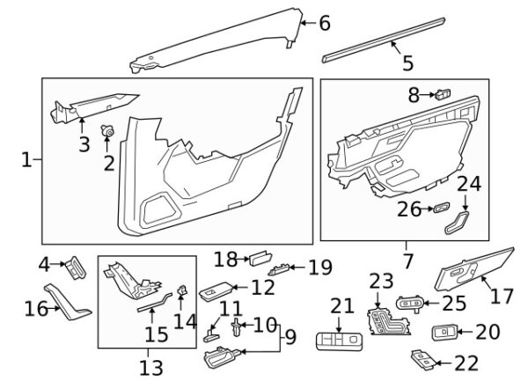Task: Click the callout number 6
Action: click(x=324, y=24)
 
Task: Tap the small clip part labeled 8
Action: click(x=442, y=92)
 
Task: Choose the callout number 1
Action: click(x=26, y=160)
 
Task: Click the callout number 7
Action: click(x=407, y=261)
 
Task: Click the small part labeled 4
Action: click(x=77, y=266)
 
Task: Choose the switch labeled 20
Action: click(x=444, y=333)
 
